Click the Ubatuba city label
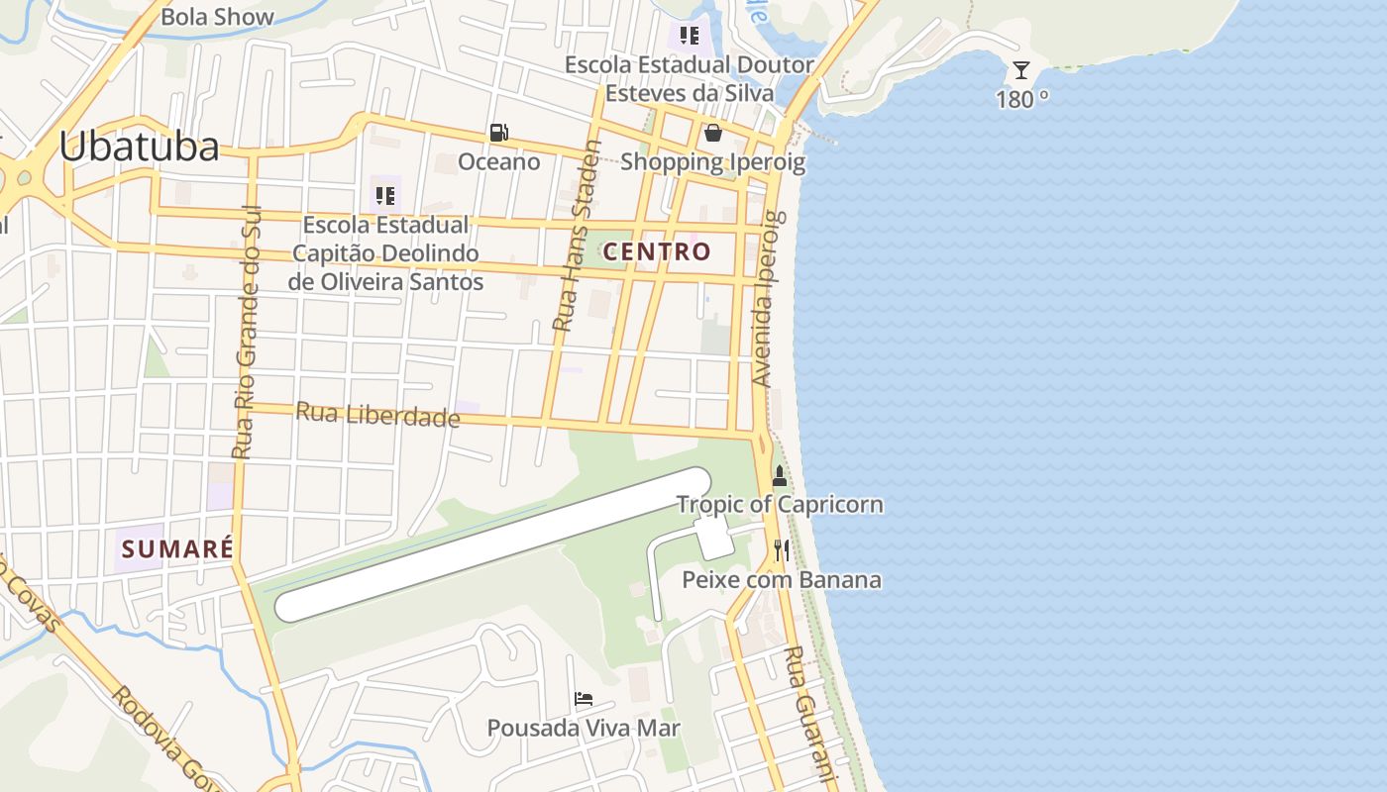click(x=139, y=148)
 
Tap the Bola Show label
click(x=217, y=17)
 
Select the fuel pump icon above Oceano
click(x=498, y=133)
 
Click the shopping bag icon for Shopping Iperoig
click(x=712, y=133)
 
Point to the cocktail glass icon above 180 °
click(x=1021, y=70)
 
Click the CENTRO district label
click(x=658, y=251)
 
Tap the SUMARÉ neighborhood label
click(x=176, y=548)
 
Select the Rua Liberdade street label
click(x=378, y=415)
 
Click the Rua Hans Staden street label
click(x=577, y=236)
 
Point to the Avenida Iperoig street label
click(x=768, y=297)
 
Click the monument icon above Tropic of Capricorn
click(x=780, y=476)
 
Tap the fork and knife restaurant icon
click(x=782, y=550)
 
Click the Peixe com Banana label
click(x=782, y=579)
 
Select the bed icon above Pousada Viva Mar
click(x=584, y=699)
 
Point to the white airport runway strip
click(x=492, y=544)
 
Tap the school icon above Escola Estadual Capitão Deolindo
click(x=385, y=195)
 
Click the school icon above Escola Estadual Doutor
click(x=690, y=37)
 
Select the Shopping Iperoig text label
click(x=713, y=161)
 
